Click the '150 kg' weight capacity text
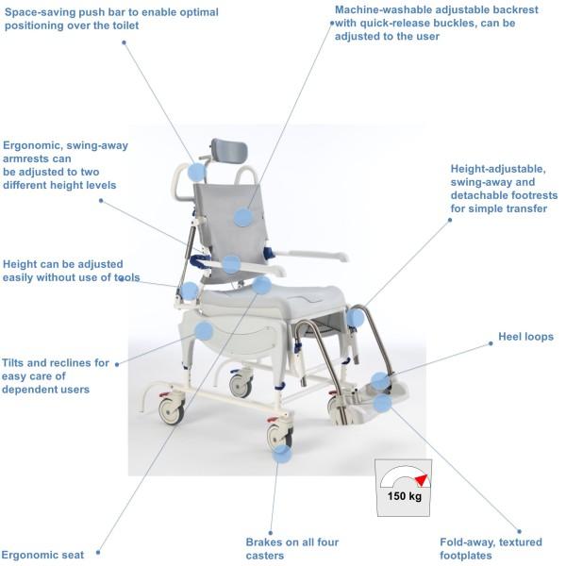(403, 495)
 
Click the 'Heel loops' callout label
(525, 337)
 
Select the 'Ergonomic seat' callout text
(43, 555)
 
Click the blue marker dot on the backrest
(243, 217)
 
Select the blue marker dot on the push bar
(196, 172)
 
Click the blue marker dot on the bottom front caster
(281, 454)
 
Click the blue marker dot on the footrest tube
(355, 318)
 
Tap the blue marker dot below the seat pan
(204, 330)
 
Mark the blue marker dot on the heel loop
(378, 382)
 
